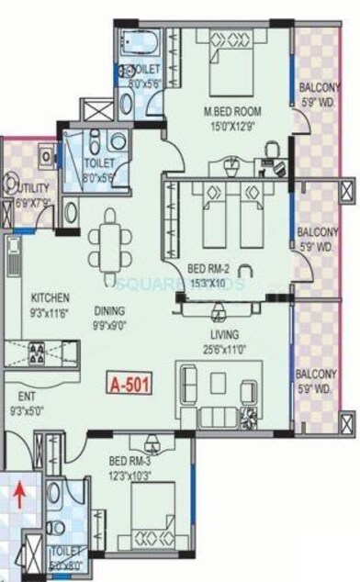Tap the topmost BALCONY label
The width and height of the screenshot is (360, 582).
(x=321, y=88)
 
